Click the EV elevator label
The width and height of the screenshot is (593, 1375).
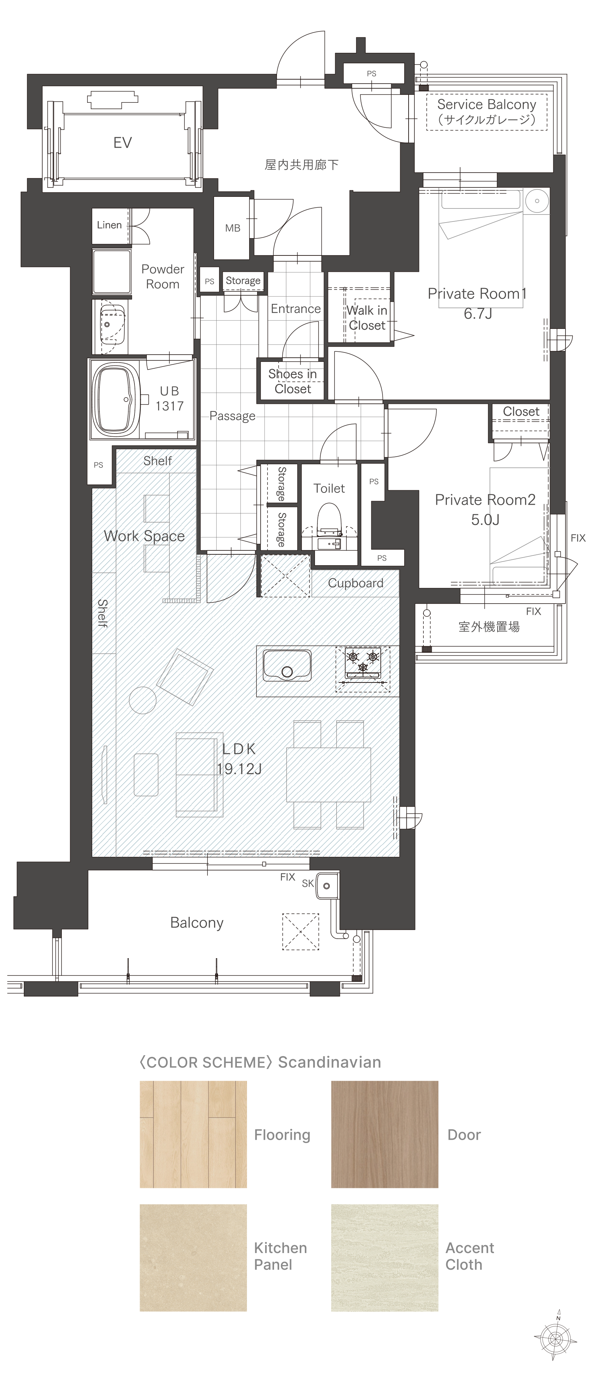pos(123,143)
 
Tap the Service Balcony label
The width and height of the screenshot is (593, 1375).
pos(486,105)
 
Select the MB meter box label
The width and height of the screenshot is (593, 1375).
pos(232,228)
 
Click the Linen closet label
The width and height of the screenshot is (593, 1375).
pos(109,225)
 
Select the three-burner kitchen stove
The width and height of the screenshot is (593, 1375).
pos(363,669)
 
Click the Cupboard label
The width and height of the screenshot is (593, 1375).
pos(356,583)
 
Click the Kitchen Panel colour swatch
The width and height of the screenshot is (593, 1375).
pos(193,1257)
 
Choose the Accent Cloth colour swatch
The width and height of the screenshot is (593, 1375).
pos(384,1257)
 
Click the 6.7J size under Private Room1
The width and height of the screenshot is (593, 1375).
pos(478,313)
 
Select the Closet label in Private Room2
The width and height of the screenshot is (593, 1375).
pos(521,411)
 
